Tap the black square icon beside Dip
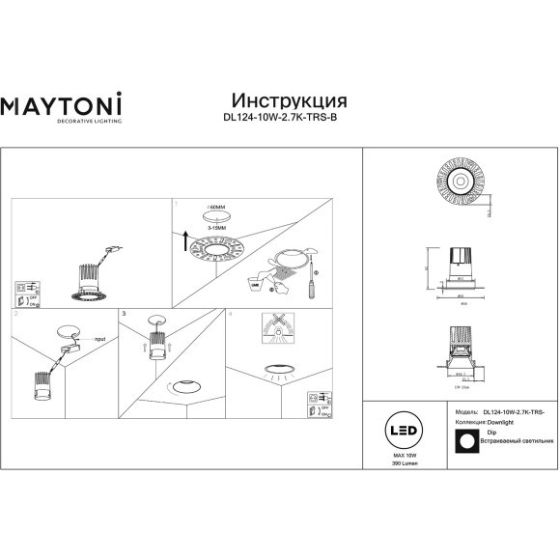[x=466, y=440]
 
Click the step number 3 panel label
[x=125, y=314]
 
